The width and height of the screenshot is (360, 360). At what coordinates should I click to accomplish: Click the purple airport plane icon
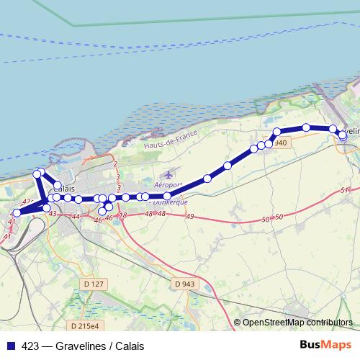point(168,174)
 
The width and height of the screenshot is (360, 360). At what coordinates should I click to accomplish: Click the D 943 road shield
point(184,284)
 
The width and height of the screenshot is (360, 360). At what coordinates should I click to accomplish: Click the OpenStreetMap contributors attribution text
point(297,323)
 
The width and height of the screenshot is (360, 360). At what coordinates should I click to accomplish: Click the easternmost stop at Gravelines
point(343,135)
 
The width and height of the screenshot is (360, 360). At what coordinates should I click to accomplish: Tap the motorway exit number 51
point(344,190)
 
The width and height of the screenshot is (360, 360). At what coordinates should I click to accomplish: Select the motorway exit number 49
point(189,217)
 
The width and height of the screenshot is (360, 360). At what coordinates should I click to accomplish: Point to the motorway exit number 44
point(76,216)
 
